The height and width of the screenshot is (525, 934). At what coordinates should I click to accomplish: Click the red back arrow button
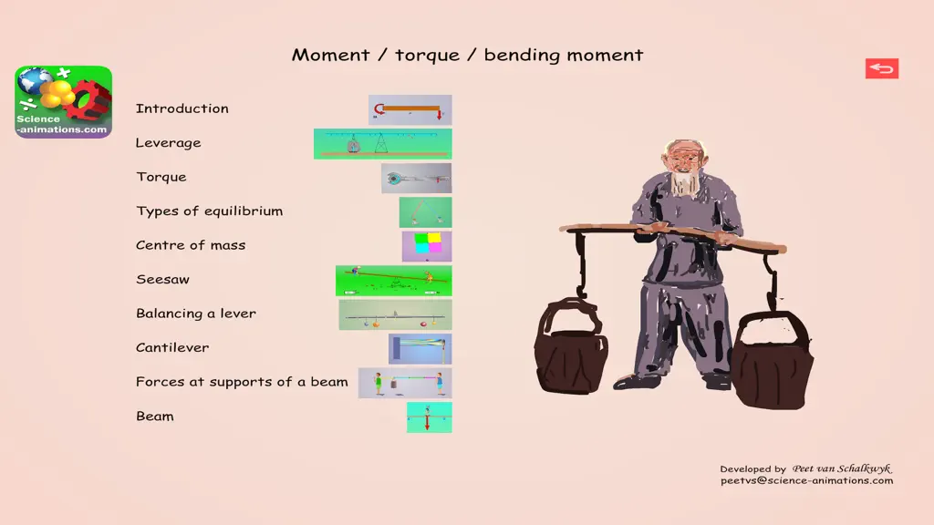tap(882, 68)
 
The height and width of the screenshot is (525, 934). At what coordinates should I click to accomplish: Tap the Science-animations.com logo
tap(64, 102)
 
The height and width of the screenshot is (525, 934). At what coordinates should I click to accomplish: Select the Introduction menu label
tap(182, 108)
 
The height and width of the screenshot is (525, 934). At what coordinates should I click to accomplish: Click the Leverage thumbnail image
tap(382, 143)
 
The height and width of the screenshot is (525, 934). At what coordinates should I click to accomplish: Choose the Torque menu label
tap(161, 177)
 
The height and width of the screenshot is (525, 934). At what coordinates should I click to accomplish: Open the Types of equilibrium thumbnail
tap(425, 211)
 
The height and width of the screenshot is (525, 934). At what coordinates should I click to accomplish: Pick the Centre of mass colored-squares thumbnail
tap(427, 246)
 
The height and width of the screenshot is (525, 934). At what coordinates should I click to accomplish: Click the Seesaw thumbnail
tap(393, 281)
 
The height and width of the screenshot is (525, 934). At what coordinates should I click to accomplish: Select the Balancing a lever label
tap(196, 314)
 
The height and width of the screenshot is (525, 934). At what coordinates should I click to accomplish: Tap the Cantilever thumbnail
tap(420, 348)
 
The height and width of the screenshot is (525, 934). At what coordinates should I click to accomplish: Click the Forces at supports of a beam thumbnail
tap(405, 383)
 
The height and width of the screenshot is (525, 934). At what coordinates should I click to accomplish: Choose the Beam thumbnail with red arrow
tap(429, 417)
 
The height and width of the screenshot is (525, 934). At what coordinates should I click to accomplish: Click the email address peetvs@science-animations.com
tap(806, 481)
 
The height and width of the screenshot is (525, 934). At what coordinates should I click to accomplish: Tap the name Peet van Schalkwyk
tap(842, 468)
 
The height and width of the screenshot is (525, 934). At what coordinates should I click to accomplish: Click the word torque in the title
tap(427, 56)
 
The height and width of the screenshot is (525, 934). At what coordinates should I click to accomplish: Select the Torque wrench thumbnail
tap(416, 178)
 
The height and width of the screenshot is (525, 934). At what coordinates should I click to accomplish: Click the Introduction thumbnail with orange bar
tap(410, 109)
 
